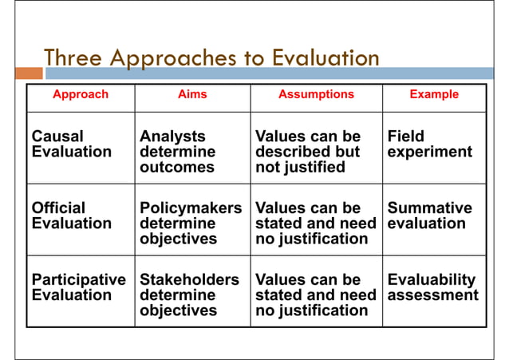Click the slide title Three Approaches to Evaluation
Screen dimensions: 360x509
point(211,58)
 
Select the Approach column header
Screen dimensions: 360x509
point(80,94)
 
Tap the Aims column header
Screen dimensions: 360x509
point(191,94)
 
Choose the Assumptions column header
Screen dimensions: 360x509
point(316,94)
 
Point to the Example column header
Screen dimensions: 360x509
point(434,94)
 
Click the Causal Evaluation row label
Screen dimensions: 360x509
point(71,144)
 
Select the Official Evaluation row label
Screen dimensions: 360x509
point(71,216)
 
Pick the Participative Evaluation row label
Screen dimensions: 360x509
point(78,287)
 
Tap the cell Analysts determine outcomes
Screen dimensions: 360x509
point(177,152)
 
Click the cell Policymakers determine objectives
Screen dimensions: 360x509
point(190,224)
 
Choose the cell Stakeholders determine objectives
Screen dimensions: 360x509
point(189,295)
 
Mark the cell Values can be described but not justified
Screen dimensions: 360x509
point(307,152)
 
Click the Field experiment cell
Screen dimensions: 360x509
point(429,144)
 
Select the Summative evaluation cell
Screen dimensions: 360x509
point(429,216)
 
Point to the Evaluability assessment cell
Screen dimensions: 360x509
point(432,287)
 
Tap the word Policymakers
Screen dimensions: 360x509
point(190,208)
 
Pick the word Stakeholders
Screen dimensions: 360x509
point(189,280)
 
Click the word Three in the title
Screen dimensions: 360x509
point(73,58)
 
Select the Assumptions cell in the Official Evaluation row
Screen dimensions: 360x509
point(315,224)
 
